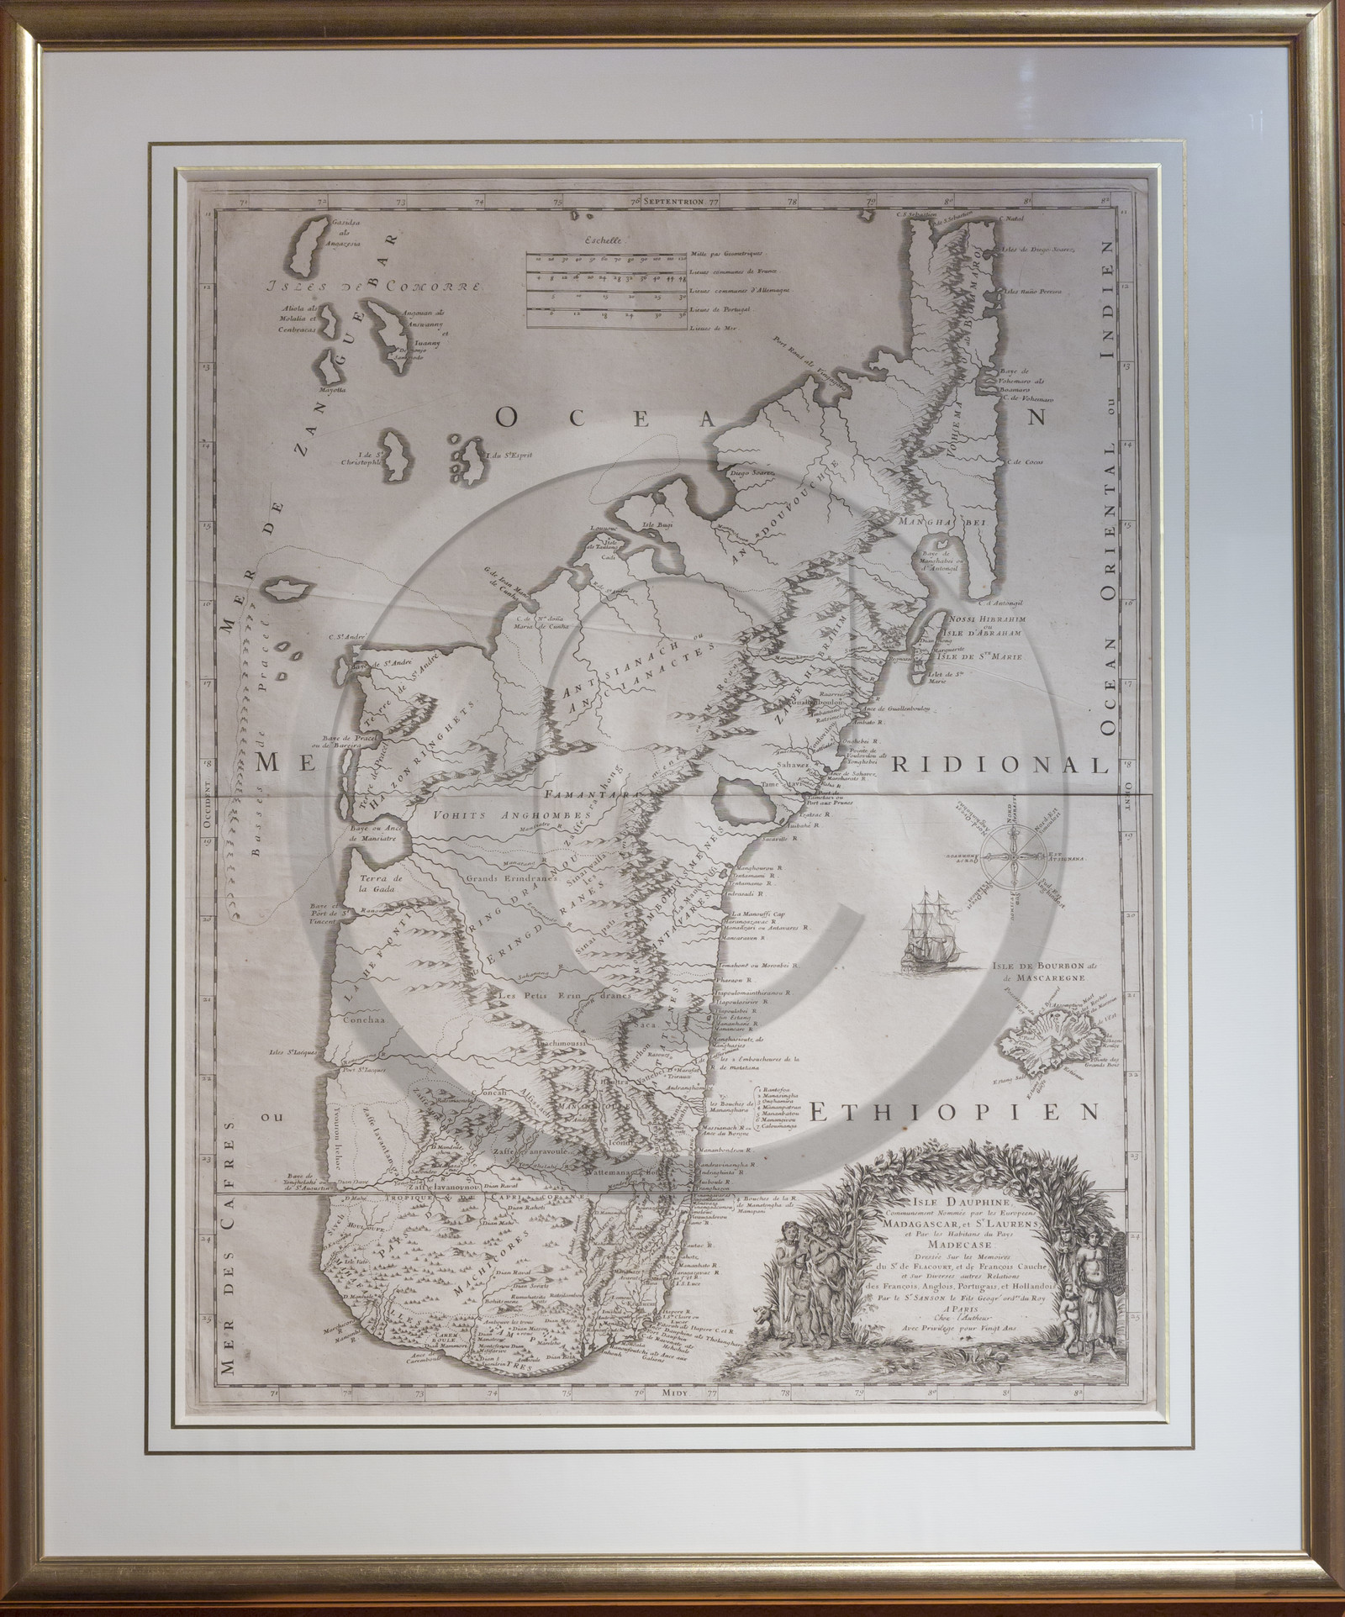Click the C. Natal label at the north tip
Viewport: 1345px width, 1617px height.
pyautogui.click(x=1012, y=219)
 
